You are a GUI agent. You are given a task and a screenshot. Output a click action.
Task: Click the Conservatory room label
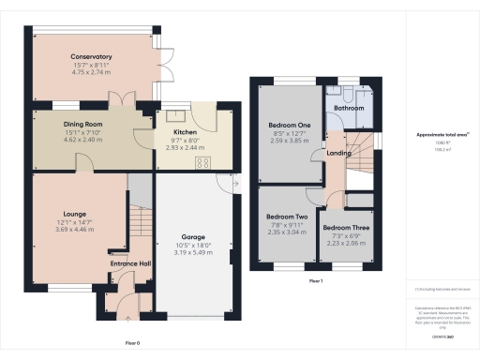[92, 56]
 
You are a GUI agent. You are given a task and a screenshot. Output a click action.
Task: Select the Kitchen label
[183, 132]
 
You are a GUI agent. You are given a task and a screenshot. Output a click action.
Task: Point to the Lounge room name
[76, 214]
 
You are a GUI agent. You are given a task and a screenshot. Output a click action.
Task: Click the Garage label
[194, 238]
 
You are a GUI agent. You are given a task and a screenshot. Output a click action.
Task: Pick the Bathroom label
[350, 108]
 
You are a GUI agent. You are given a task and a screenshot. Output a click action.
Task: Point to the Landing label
[338, 155]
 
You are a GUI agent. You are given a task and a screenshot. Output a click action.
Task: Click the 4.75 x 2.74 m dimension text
[92, 71]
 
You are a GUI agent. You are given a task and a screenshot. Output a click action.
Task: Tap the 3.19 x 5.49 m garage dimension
[194, 253]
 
